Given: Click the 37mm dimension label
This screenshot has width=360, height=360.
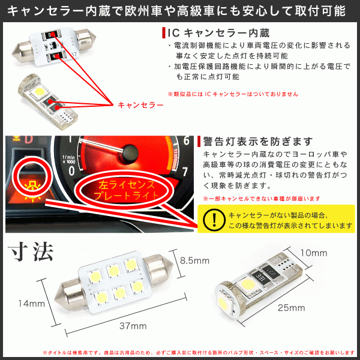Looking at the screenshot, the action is (x=133, y=326).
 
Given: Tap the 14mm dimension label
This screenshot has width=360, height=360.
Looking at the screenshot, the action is (x=32, y=304).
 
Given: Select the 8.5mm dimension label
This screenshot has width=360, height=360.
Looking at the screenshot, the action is (x=194, y=260).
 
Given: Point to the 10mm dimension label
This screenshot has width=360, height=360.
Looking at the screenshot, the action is (x=314, y=253).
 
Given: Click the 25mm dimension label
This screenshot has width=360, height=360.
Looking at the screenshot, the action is (x=292, y=308).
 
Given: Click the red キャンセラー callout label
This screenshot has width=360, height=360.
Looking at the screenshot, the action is (x=140, y=105).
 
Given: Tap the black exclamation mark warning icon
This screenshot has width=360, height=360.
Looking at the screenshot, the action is (x=214, y=220).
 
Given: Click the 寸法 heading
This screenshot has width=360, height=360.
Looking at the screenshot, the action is (x=31, y=252).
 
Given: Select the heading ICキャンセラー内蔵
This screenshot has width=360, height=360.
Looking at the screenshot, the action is (x=218, y=33).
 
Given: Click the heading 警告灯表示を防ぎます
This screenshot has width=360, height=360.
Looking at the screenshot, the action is (x=258, y=142).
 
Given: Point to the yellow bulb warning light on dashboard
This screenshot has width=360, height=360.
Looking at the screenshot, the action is (x=32, y=190).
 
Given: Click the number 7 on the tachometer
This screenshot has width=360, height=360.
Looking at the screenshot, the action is (x=185, y=172).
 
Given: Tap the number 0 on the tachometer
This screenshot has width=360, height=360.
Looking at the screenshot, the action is (x=71, y=171).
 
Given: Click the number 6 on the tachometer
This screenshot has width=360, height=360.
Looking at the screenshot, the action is (x=187, y=141).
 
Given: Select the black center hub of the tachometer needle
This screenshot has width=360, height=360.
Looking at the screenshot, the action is (x=130, y=152).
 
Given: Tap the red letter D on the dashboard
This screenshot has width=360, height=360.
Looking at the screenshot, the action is (x=29, y=140).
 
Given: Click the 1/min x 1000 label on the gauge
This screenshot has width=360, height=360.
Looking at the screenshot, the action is (x=68, y=160).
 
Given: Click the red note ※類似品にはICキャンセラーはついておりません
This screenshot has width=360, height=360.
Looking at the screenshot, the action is (x=233, y=94).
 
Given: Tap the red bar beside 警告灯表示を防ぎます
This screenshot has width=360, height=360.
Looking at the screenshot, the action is (x=199, y=142).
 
